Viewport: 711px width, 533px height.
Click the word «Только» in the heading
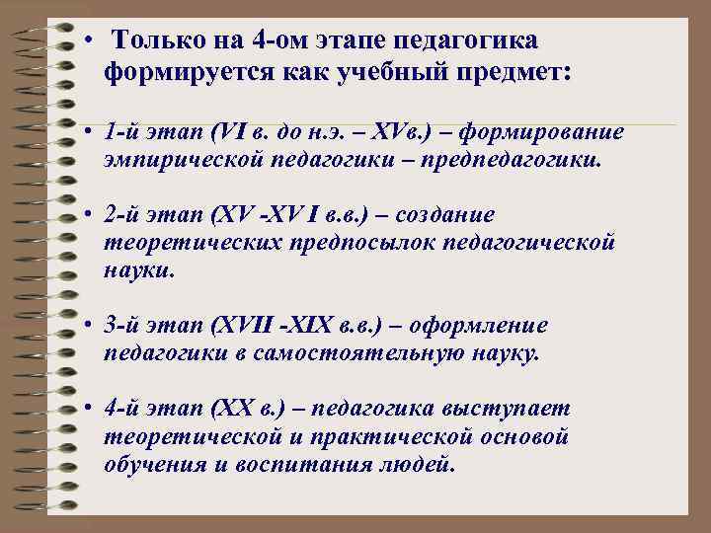tap(155, 41)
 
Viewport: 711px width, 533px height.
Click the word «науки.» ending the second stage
tap(139, 268)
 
